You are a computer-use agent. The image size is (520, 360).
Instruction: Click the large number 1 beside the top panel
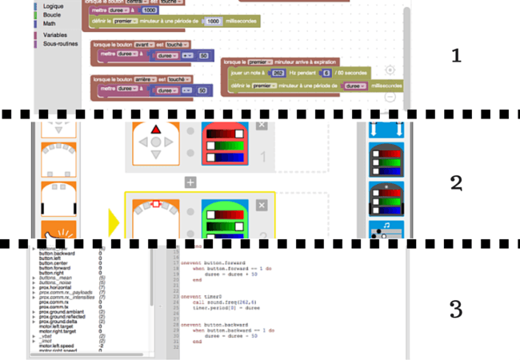pyautogui.click(x=456, y=56)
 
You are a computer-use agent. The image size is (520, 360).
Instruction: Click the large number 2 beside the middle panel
pyautogui.click(x=456, y=182)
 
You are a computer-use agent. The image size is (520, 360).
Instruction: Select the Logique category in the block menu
pyautogui.click(x=54, y=6)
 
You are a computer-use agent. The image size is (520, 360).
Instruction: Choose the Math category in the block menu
pyautogui.click(x=50, y=24)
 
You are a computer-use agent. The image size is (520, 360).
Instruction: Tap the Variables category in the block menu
pyautogui.click(x=55, y=35)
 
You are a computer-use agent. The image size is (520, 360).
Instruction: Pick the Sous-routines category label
pyautogui.click(x=61, y=44)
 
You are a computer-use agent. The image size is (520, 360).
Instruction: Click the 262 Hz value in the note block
pyautogui.click(x=278, y=73)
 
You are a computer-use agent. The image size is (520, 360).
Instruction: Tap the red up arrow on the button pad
pyautogui.click(x=157, y=129)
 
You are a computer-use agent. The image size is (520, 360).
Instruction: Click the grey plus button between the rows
pyautogui.click(x=190, y=182)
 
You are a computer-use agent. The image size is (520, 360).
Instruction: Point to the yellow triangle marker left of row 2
pyautogui.click(x=114, y=221)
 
